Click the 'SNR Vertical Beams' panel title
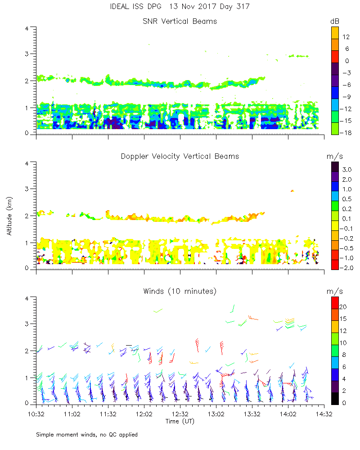click(180, 21)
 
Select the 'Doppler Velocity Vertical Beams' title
click(180, 156)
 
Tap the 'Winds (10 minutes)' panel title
click(180, 291)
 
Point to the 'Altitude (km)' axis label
click(9, 216)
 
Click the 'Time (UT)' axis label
click(180, 421)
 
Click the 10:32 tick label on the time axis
click(36, 413)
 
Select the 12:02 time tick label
click(144, 413)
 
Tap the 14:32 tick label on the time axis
click(324, 413)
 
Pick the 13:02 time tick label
click(216, 413)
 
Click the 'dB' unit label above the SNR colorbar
click(334, 21)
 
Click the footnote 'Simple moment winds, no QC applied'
click(87, 435)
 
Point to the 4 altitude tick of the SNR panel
click(27, 28)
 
